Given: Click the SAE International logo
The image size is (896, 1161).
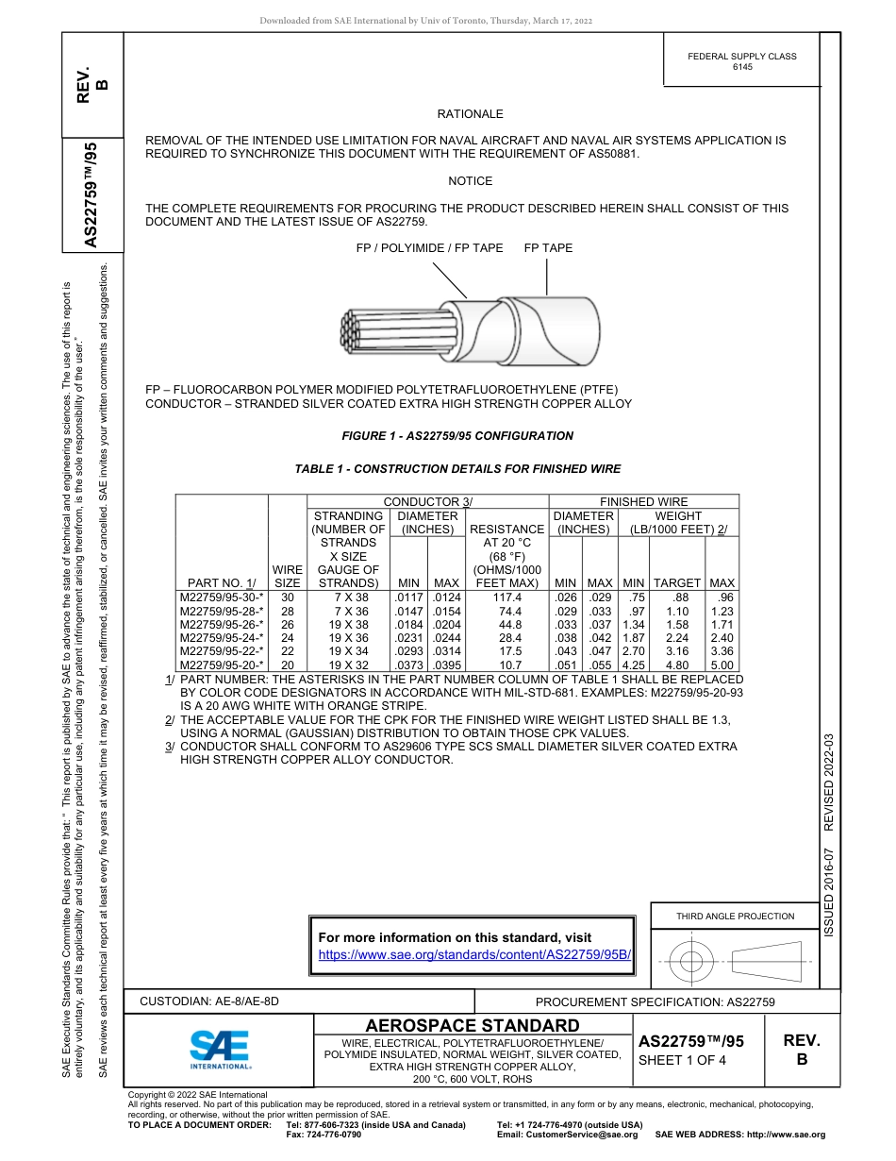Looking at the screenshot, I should coord(220,1049).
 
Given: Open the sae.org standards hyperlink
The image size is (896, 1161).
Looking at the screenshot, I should coord(474,954).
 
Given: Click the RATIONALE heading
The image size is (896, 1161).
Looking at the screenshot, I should coord(470,114).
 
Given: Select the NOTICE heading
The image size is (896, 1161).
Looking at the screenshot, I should coord(470,181).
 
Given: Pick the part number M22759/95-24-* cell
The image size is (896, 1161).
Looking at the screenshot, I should coord(222,637).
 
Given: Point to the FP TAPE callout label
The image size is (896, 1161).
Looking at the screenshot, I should coord(548,248).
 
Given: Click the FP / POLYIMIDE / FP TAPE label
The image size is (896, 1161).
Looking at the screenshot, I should coord(429,248).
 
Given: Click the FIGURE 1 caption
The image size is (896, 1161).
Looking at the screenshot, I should coord(456,436).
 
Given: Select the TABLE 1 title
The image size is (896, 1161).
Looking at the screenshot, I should coord(457,469).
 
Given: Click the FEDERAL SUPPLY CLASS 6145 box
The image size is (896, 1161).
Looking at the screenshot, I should coord(741,61).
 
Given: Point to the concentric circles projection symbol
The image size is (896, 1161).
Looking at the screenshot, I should coord(691,963).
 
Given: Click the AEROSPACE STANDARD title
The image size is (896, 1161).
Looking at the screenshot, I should coord(473,1026).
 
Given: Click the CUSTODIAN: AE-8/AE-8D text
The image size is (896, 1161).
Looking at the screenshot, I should coord(209,1001).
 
